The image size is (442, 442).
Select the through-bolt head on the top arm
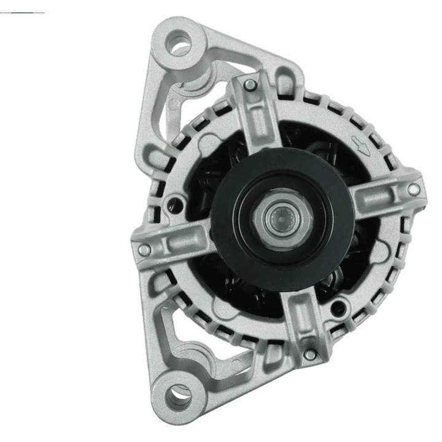point(250,85)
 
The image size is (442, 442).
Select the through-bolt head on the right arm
point(414,190)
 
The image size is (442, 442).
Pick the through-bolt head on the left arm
point(144,250)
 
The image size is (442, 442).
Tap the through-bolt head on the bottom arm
point(311,354)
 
